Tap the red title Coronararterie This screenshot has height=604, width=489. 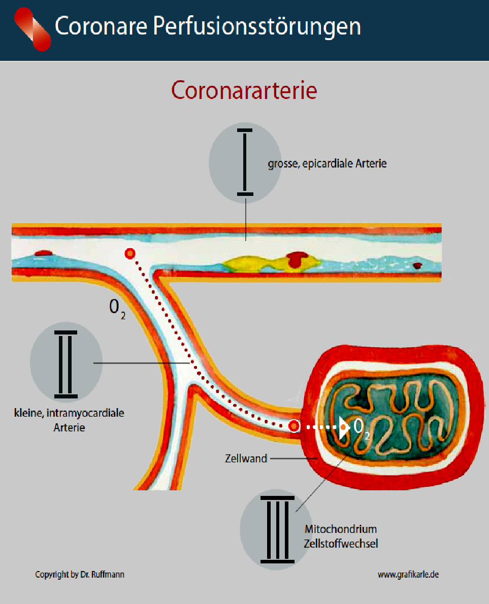pyautogui.click(x=244, y=91)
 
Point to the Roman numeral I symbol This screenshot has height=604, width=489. pyautogui.click(x=245, y=162)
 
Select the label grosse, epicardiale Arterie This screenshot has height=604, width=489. pyautogui.click(x=327, y=164)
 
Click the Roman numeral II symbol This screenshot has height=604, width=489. pyautogui.click(x=66, y=363)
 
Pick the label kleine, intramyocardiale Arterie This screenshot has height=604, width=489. pyautogui.click(x=69, y=420)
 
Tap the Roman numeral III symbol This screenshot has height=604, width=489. pyautogui.click(x=277, y=529)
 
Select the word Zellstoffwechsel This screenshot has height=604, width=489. pyautogui.click(x=341, y=544)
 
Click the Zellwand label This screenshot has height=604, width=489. pyautogui.click(x=246, y=458)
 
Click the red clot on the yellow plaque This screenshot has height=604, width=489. pyautogui.click(x=295, y=259)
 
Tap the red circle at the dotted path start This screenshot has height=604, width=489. pyautogui.click(x=131, y=253)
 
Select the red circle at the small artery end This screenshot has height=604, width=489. pyautogui.click(x=294, y=426)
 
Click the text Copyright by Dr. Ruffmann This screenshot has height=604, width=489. pyautogui.click(x=79, y=575)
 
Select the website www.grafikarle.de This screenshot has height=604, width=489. pyautogui.click(x=408, y=575)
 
